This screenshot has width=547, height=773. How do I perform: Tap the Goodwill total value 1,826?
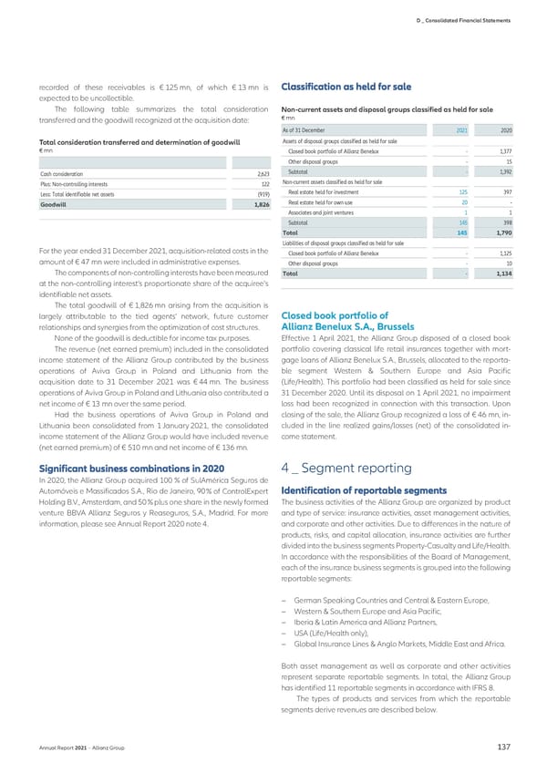click(x=261, y=206)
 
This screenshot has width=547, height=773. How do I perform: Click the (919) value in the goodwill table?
click(x=263, y=195)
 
